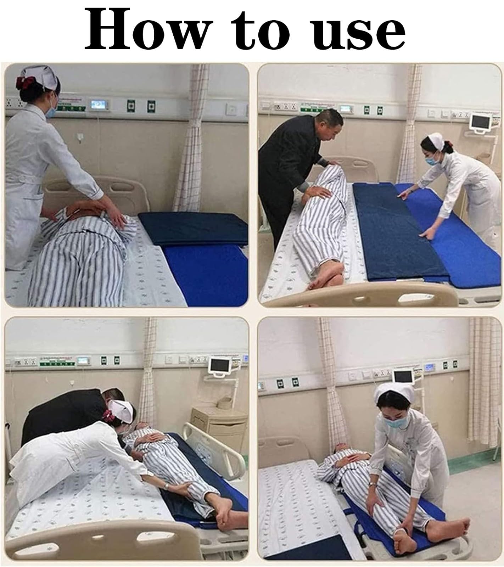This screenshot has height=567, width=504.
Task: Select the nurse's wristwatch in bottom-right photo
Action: (372, 484)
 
